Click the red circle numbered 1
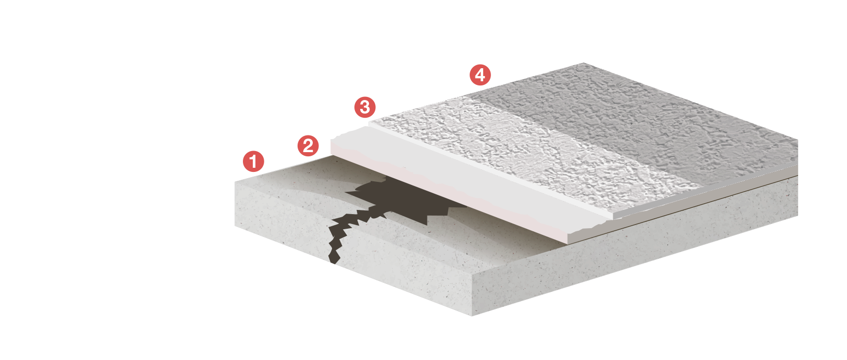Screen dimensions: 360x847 coord(253,162)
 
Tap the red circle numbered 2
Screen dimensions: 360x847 coord(308,145)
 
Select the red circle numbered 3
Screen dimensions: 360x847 coord(365,107)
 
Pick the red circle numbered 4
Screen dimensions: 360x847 coord(480,75)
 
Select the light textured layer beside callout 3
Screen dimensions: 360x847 coord(521,146)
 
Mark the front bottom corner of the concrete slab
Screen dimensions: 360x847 coord(472,315)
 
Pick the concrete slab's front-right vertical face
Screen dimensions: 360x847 coord(625,260)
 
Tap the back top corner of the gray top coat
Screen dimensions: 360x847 coord(584,65)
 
